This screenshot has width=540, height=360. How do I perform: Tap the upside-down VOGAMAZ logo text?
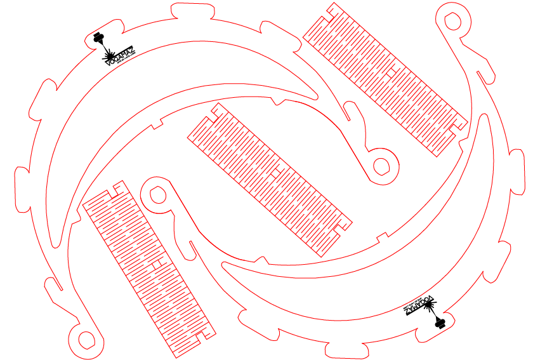click(419, 304)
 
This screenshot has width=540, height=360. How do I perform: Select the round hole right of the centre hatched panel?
click(382, 165)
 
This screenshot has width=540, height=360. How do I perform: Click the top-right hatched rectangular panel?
click(386, 79)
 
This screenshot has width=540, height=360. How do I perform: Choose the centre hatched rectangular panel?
click(269, 180)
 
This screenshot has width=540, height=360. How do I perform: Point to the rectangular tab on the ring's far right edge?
click(518, 171)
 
